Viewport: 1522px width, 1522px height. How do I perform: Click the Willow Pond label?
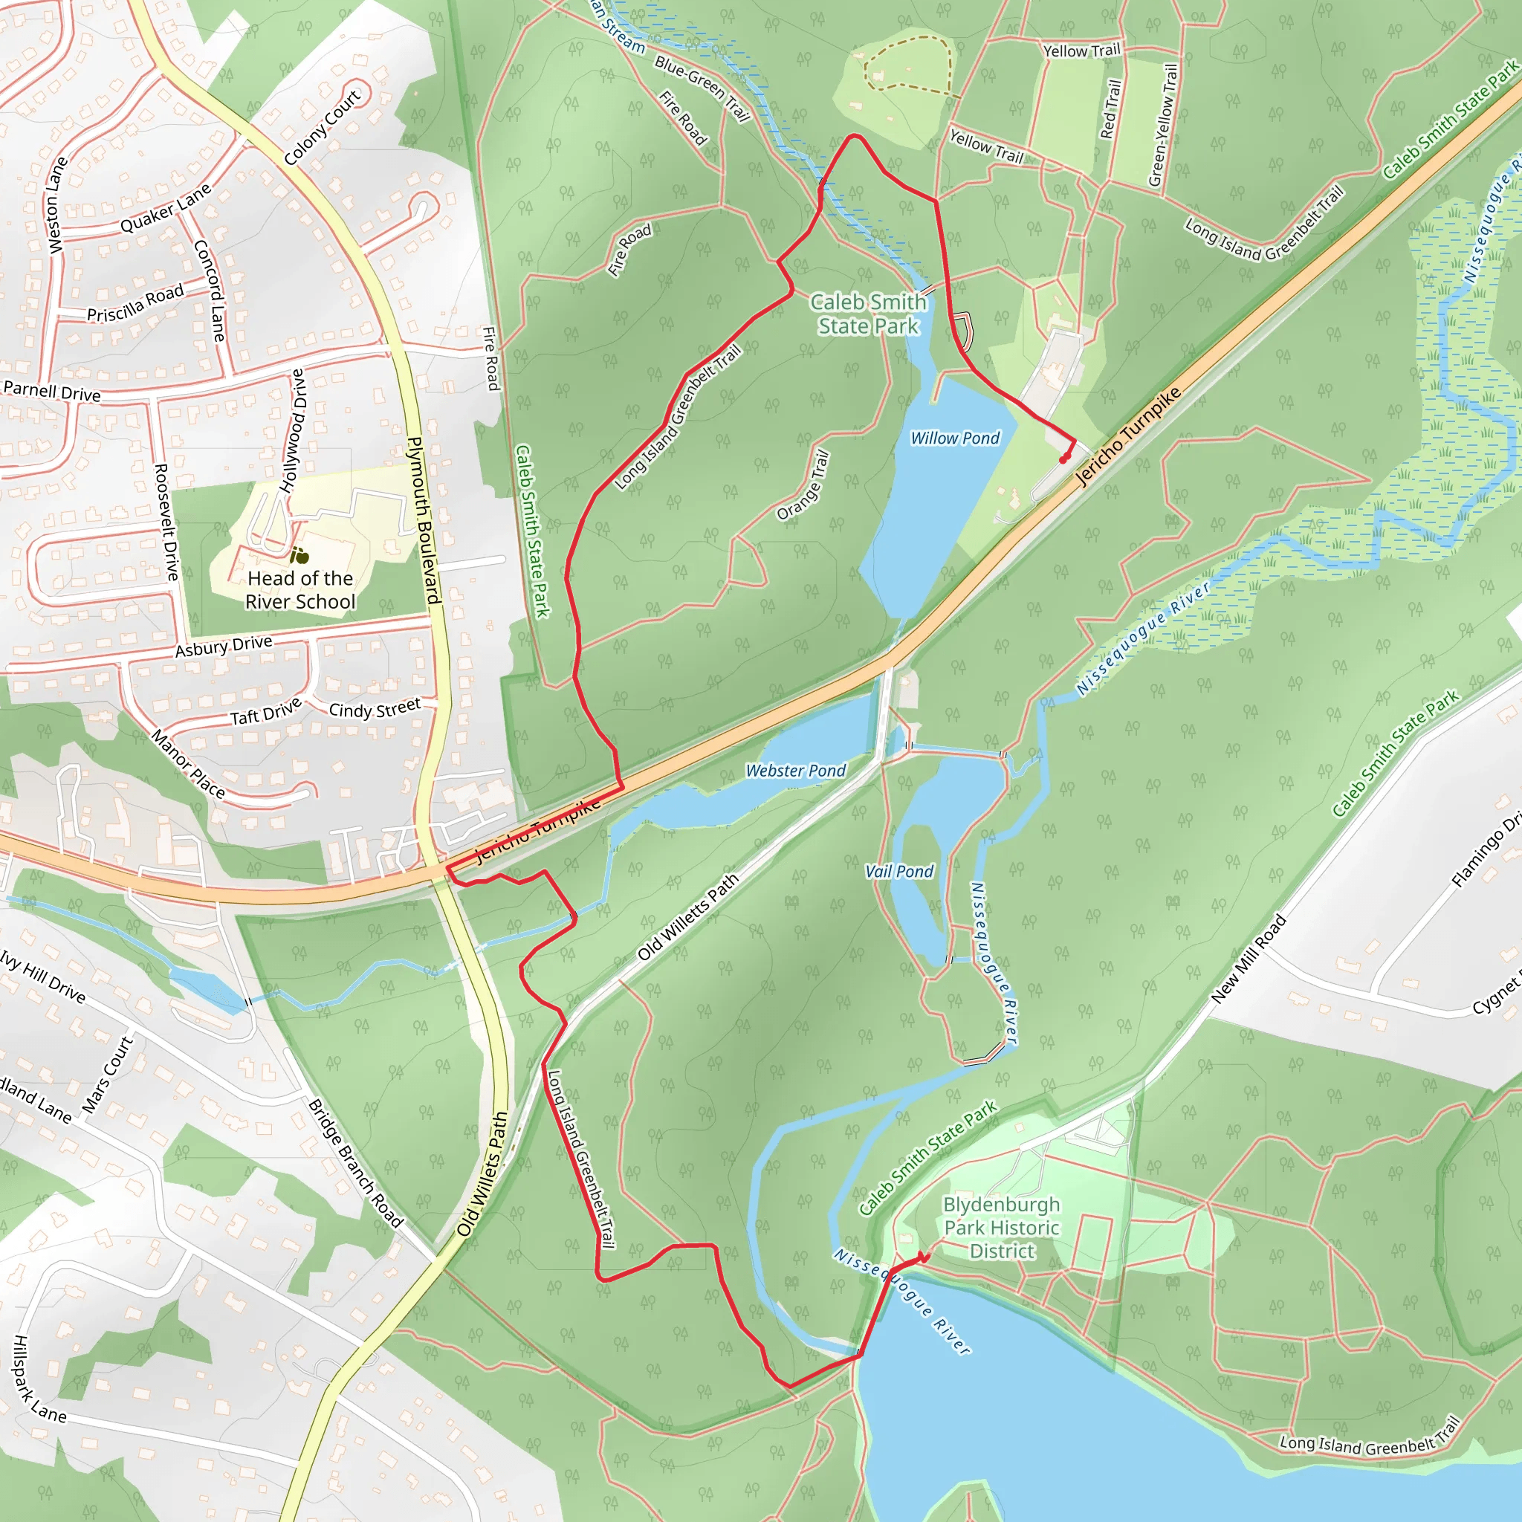955,438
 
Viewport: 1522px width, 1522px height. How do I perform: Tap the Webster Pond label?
796,771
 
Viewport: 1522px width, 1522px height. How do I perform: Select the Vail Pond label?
899,871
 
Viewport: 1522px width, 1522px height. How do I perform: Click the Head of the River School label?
300,590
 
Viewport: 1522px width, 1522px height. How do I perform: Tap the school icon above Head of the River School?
299,556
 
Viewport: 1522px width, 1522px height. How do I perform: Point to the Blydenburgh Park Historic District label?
1001,1228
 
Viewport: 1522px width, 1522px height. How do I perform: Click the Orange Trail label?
803,485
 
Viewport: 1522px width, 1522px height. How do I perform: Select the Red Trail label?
1111,109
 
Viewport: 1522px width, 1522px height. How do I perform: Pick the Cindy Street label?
375,708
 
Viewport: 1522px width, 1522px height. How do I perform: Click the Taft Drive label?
265,712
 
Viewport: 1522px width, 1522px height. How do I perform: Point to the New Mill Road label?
1248,959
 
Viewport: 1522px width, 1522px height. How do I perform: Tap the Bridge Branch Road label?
355,1163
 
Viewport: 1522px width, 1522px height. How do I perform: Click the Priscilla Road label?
135,303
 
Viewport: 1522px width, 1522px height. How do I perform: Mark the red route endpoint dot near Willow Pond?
1063,459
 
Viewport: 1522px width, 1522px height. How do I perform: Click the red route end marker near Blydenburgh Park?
924,1257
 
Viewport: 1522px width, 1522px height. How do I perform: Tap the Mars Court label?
108,1075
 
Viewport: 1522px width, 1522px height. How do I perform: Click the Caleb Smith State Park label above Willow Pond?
868,314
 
